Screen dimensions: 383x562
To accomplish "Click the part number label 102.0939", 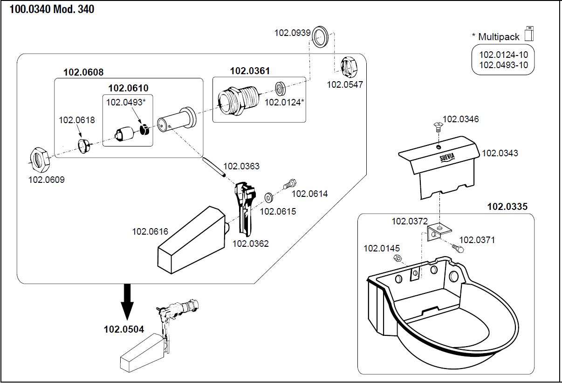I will pyautogui.click(x=292, y=33).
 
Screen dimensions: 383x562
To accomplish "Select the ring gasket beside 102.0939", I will pyautogui.click(x=320, y=36).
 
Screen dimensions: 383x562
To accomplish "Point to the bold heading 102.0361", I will pyautogui.click(x=250, y=71).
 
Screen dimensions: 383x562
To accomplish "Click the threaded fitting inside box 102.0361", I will pyautogui.click(x=235, y=100).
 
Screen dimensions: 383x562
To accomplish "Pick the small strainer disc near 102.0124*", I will pyautogui.click(x=280, y=88).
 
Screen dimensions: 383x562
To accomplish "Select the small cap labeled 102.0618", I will pyautogui.click(x=84, y=145).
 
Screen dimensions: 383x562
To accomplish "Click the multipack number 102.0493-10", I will pyautogui.click(x=503, y=65).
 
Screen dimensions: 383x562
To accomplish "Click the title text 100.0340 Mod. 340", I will pyautogui.click(x=52, y=9).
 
